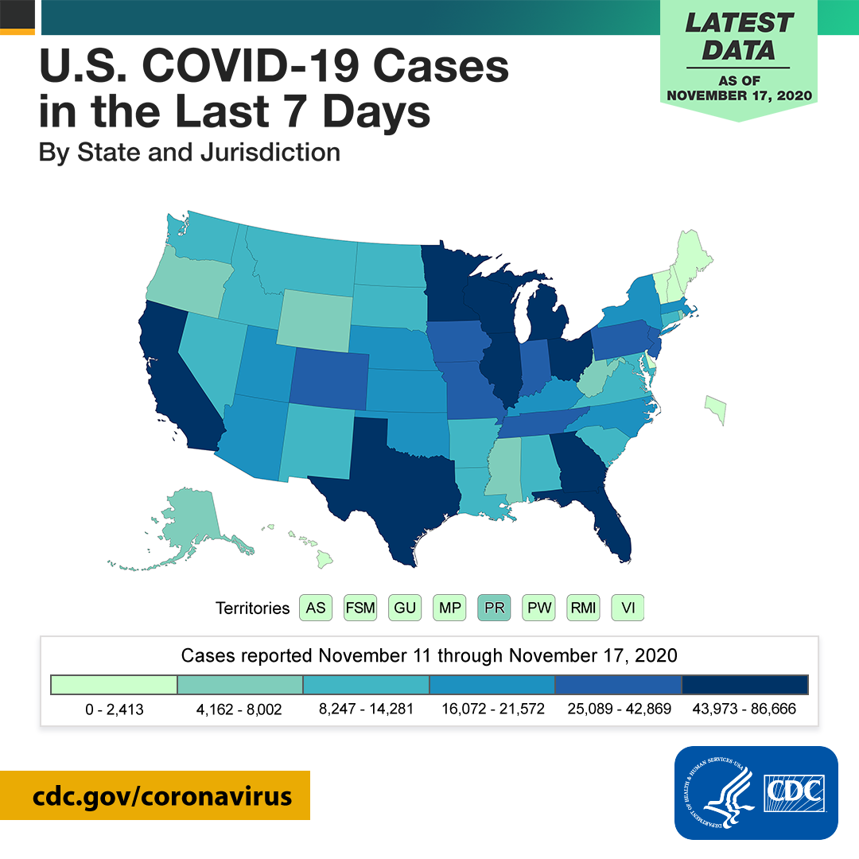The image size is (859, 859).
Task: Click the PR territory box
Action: [x=494, y=608]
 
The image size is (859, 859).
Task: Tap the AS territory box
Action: [x=316, y=608]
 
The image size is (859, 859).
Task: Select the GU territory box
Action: [x=405, y=608]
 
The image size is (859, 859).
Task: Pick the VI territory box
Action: [x=628, y=608]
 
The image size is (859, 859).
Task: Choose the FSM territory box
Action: [x=360, y=608]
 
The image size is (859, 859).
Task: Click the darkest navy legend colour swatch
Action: [x=744, y=685]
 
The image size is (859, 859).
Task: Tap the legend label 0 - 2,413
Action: [x=115, y=709]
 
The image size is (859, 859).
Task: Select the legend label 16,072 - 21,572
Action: [x=493, y=709]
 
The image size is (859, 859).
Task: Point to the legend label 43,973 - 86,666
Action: [x=744, y=709]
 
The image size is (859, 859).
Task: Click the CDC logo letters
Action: [x=795, y=792]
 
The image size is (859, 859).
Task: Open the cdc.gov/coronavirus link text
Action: [x=162, y=796]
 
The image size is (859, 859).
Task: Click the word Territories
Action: [x=253, y=608]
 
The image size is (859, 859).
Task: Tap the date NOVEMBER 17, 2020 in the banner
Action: [x=739, y=95]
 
